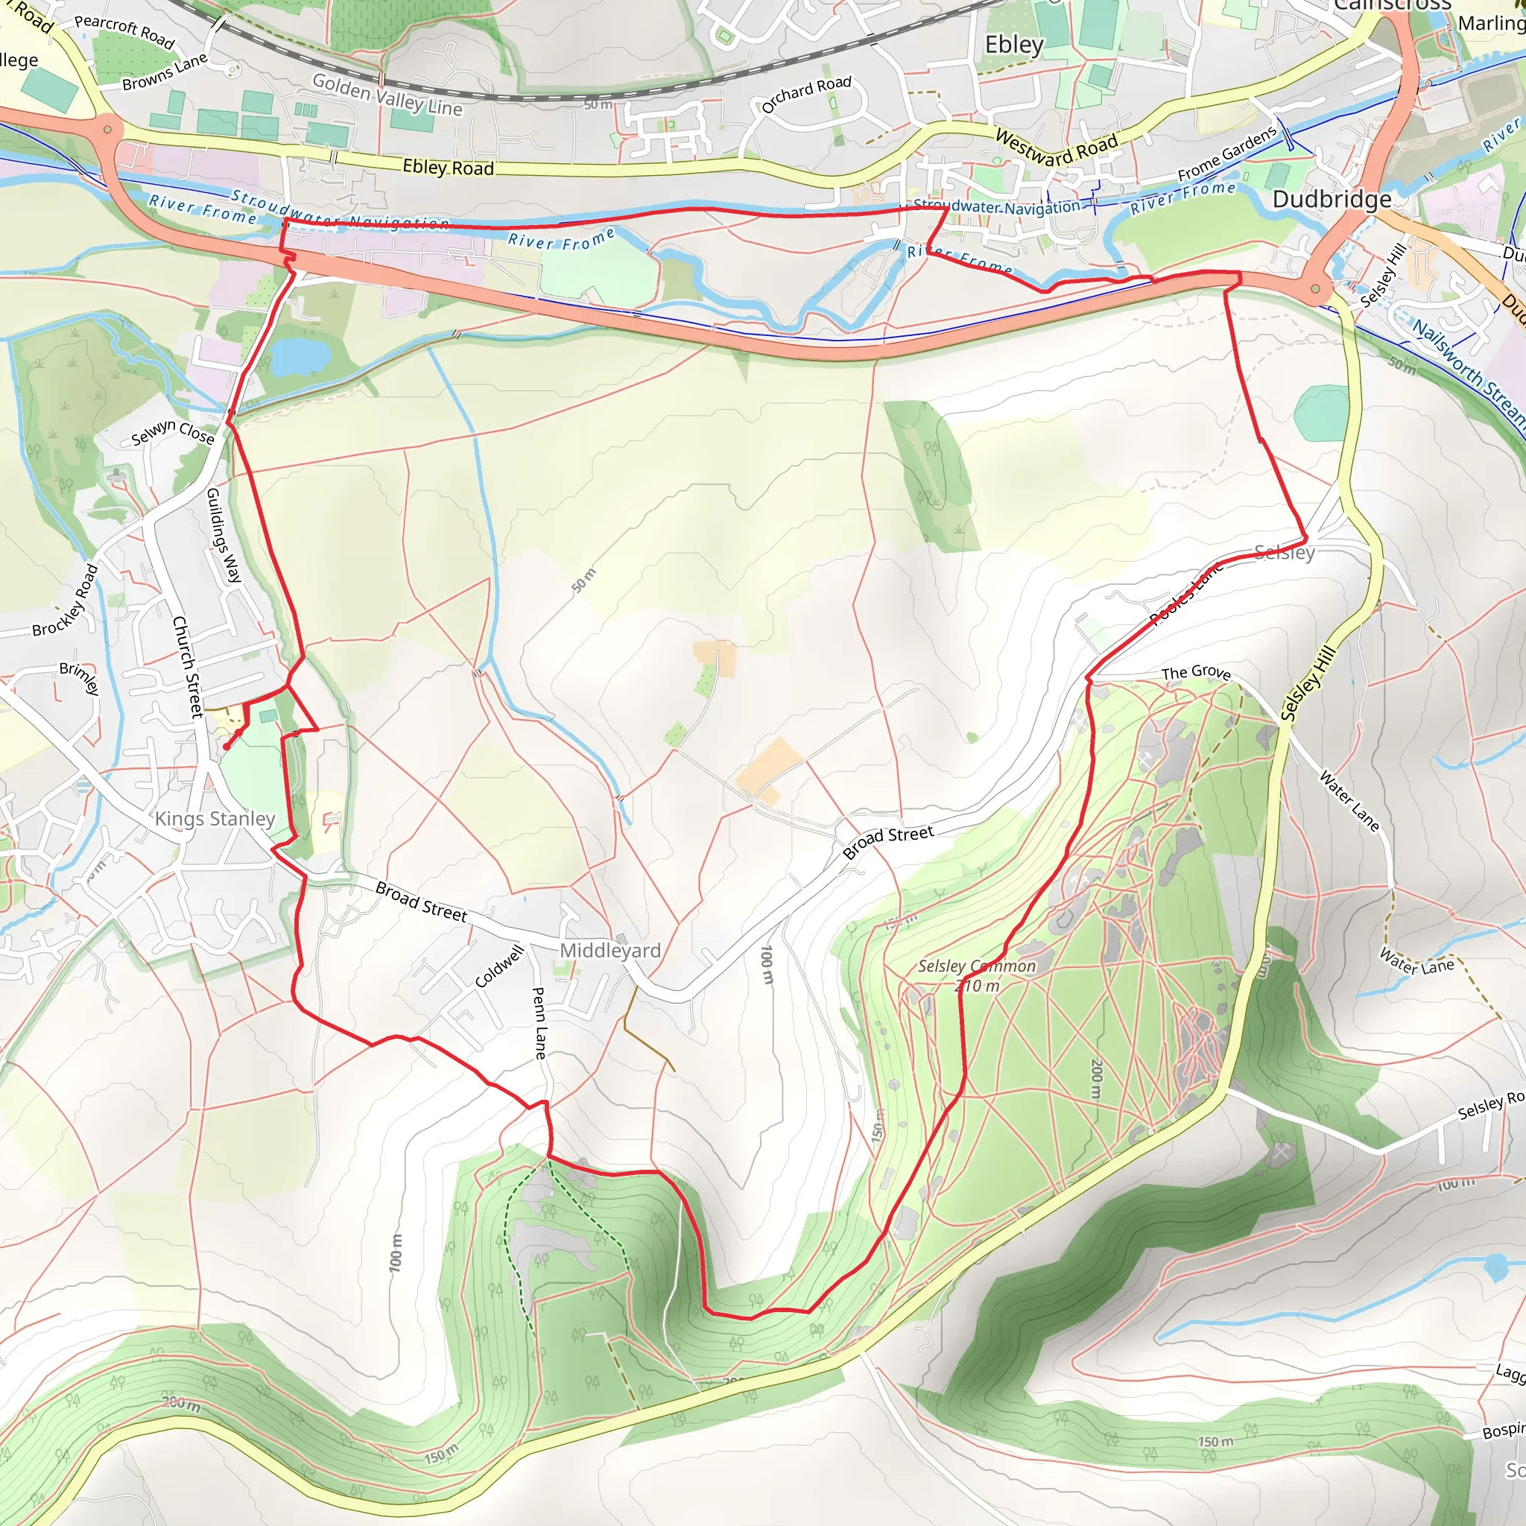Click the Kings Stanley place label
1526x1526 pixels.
(x=215, y=818)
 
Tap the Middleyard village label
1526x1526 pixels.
(x=610, y=950)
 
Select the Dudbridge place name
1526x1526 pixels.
(x=1332, y=199)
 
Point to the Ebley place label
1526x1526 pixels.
(x=1014, y=45)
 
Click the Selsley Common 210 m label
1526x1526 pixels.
(x=977, y=975)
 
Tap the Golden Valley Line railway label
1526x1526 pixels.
(x=387, y=95)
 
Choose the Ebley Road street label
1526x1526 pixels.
(x=448, y=168)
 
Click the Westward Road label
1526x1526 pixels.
(x=1056, y=148)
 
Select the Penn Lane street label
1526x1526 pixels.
(x=539, y=1023)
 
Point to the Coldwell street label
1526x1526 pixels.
(x=499, y=966)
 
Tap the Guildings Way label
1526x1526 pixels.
(x=224, y=535)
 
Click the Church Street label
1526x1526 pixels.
(x=188, y=667)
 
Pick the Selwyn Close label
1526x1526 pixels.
(x=173, y=432)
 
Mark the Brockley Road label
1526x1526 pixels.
(x=66, y=601)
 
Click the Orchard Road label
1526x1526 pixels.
(x=806, y=93)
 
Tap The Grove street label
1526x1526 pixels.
(x=1196, y=672)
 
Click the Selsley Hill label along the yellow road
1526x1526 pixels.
(x=1308, y=683)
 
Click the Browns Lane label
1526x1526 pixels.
(x=165, y=72)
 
